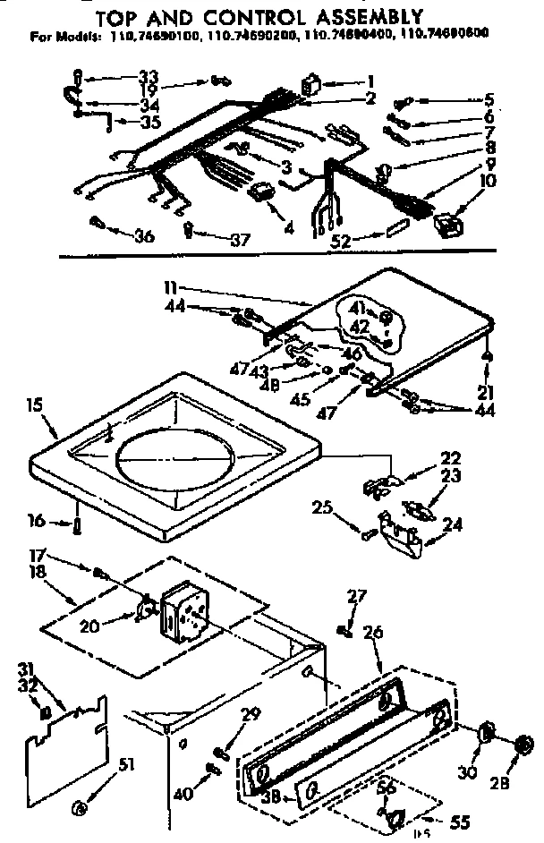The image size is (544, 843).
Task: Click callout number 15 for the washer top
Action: pos(37,405)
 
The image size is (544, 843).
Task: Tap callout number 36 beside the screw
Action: pos(143,236)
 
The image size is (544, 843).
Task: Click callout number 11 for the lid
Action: pos(171,288)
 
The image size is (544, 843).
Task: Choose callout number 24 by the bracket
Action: pos(455,524)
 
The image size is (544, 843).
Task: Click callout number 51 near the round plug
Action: pos(126,762)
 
